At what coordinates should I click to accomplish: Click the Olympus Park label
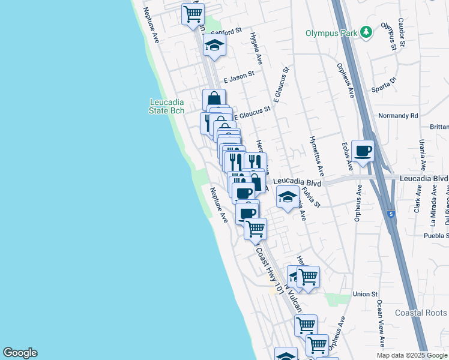click(331, 32)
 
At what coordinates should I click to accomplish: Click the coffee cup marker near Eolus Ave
click(363, 151)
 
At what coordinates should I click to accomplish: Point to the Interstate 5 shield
click(391, 213)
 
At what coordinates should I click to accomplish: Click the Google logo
click(20, 353)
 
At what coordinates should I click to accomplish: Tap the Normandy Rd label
click(397, 115)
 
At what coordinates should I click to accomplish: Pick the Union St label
click(364, 294)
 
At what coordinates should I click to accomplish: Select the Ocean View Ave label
click(381, 323)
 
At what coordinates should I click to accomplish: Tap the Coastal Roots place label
click(421, 313)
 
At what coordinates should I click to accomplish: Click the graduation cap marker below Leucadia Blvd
click(288, 197)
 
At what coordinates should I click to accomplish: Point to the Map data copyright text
click(412, 355)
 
